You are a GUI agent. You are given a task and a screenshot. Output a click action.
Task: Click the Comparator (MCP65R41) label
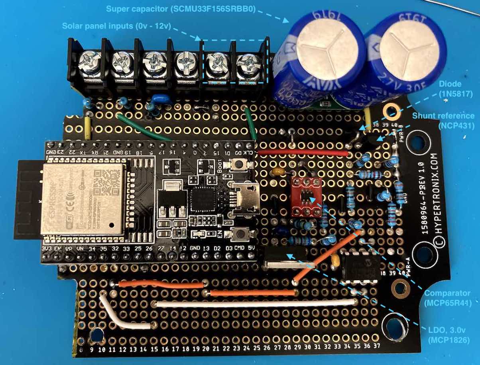(x=447, y=298)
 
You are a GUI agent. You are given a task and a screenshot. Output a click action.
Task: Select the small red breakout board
(x=306, y=196)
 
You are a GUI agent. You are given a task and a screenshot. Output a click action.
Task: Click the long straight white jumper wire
(x=255, y=303)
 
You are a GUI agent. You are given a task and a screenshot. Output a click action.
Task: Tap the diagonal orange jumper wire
(x=327, y=256)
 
